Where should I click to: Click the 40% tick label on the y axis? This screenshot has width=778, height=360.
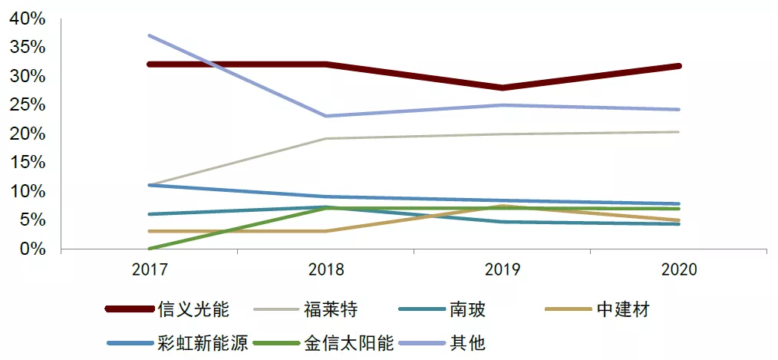(x=28, y=18)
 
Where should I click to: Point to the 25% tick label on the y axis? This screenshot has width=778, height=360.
(x=28, y=105)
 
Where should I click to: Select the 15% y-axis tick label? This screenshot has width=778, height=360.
(x=28, y=163)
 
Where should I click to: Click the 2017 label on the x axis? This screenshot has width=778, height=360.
(x=150, y=269)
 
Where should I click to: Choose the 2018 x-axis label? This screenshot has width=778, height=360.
(x=326, y=269)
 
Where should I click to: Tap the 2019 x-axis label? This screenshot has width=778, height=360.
(x=503, y=269)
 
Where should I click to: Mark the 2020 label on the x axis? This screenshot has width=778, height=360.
(x=678, y=269)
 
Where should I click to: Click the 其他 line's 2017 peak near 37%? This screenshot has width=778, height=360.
(x=150, y=35)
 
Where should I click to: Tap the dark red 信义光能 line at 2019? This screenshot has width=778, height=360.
(x=503, y=88)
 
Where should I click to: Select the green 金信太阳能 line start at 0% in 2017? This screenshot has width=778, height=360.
(x=150, y=249)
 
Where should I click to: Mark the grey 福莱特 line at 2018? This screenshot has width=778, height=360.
(x=326, y=139)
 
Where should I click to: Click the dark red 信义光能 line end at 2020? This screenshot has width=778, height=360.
(x=678, y=66)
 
